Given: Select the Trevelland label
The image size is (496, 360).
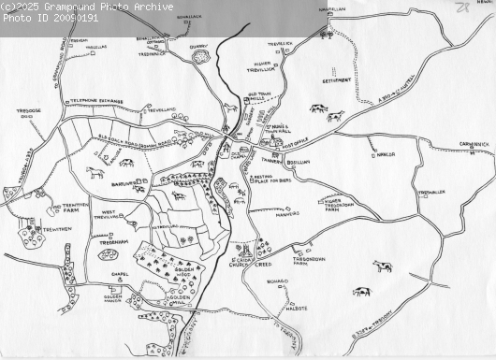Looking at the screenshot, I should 161,109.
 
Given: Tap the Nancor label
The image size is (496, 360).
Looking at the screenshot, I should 385,154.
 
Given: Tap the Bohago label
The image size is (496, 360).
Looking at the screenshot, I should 277,281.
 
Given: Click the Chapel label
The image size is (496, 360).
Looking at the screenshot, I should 119,275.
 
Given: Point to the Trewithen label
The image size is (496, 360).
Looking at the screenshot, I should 56,229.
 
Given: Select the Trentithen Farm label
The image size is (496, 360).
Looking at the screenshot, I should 75,207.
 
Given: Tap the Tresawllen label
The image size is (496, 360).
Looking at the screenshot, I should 431,192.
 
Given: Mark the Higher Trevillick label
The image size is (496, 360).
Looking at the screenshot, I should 260,65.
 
